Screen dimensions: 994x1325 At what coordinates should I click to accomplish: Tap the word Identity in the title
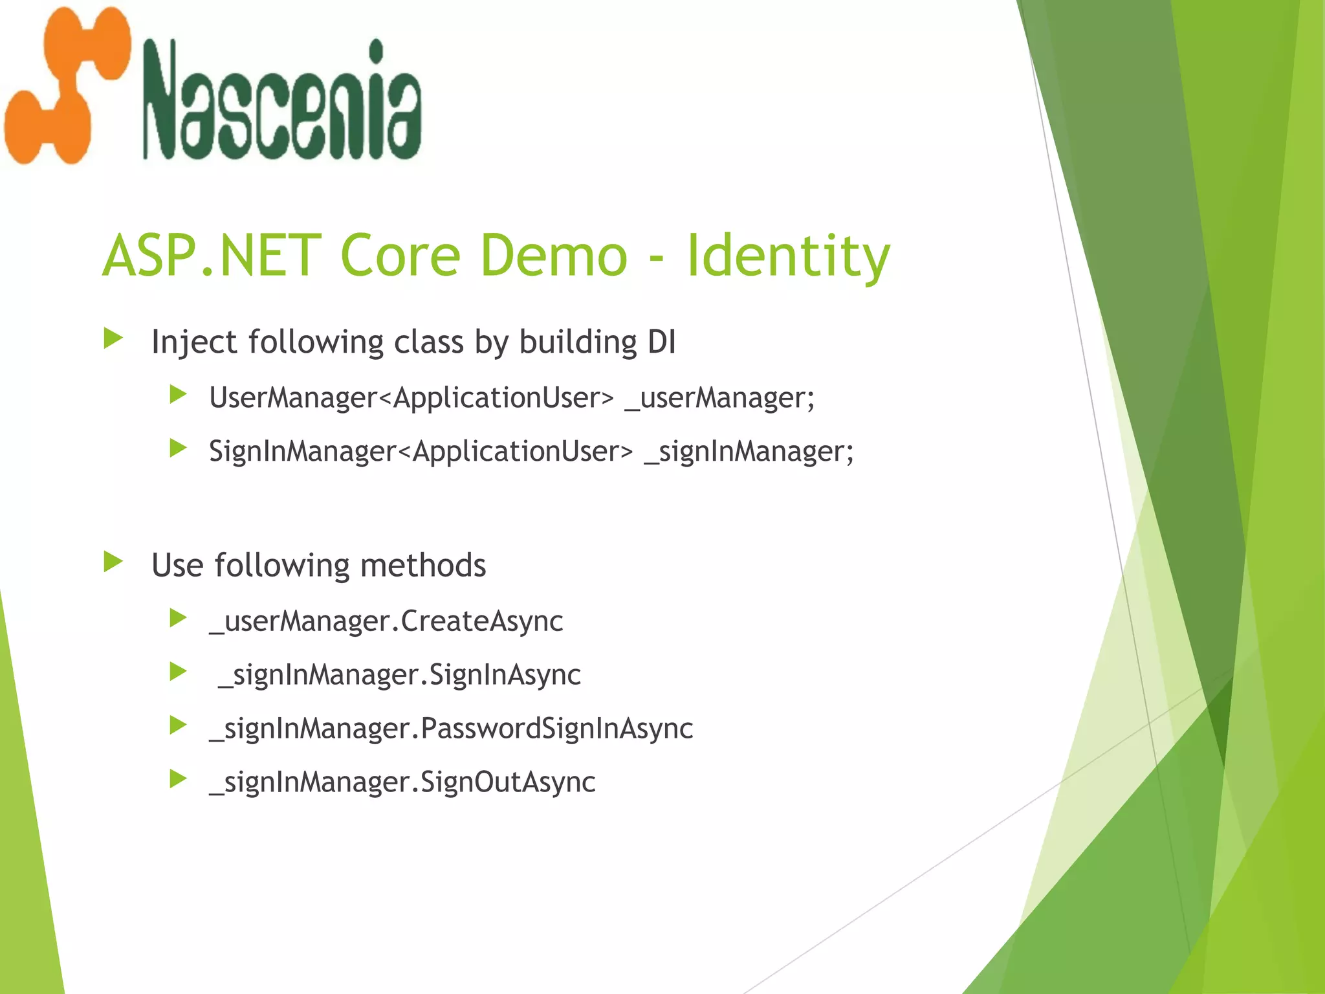tap(788, 257)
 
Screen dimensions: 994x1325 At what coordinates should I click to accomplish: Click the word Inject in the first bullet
tap(194, 342)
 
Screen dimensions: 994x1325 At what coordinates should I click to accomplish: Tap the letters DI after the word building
tap(661, 341)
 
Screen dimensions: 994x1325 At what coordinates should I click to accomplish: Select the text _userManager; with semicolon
tap(719, 397)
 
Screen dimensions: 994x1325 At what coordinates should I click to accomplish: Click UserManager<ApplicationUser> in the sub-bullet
tap(411, 397)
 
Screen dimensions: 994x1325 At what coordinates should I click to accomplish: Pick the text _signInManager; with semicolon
tap(749, 451)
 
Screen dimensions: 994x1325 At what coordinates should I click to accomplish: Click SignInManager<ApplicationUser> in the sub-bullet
tap(421, 451)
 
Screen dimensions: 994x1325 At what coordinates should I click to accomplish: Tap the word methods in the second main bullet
tap(423, 565)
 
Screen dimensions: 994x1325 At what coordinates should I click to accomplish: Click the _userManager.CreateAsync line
tap(386, 621)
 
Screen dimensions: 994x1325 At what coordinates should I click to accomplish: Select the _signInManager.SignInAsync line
tap(399, 675)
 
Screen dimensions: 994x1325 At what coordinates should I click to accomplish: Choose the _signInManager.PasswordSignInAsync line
tap(451, 729)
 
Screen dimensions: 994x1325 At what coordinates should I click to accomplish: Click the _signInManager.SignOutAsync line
tap(402, 782)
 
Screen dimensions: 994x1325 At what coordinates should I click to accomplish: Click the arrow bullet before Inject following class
tap(113, 338)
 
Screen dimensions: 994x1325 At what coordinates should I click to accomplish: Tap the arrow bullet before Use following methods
tap(113, 562)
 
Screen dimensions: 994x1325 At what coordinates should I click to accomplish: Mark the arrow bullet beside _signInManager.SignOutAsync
tap(178, 779)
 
